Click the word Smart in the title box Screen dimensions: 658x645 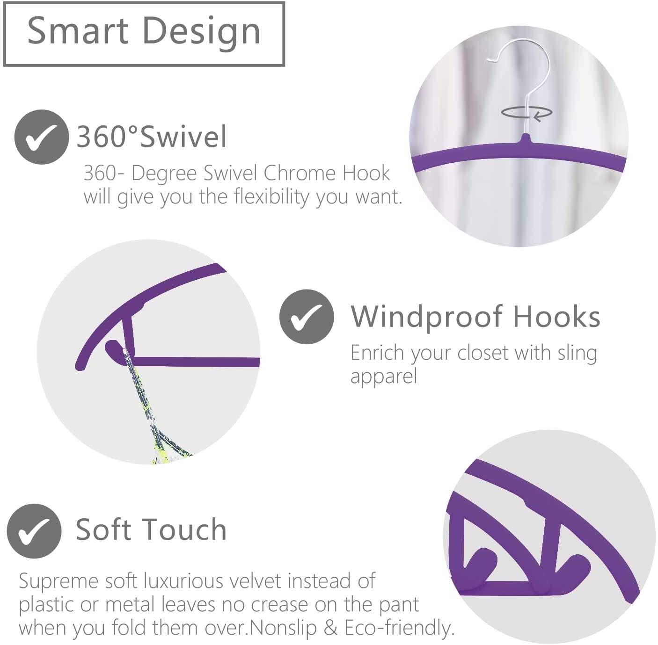coord(78,31)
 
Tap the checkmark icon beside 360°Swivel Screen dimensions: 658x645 coord(42,137)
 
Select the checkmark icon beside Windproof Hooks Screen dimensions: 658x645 coord(306,317)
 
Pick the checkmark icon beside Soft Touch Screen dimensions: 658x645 coord(34,531)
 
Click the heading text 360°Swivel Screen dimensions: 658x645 coord(151,137)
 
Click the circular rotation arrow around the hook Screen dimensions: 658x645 coord(526,113)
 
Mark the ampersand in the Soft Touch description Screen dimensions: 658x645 coord(330,628)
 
